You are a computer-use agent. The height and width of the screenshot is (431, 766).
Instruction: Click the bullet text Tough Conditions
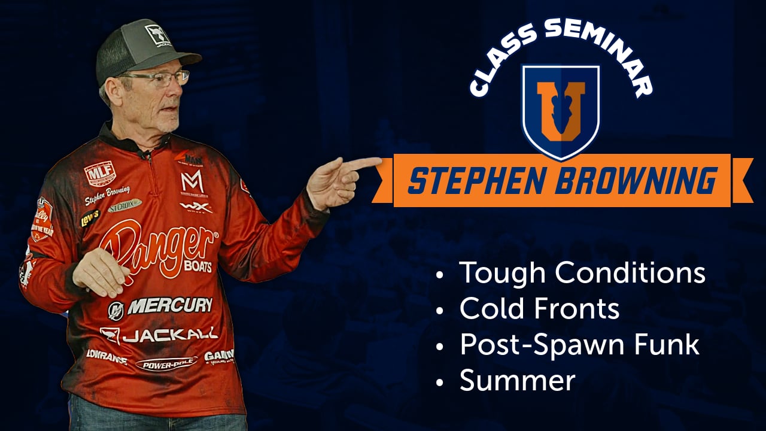tap(582, 273)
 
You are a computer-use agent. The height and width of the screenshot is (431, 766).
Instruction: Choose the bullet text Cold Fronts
tap(539, 309)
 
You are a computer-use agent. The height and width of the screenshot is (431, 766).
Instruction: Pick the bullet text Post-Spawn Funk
tap(579, 345)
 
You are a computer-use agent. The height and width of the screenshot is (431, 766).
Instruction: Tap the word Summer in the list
tap(517, 381)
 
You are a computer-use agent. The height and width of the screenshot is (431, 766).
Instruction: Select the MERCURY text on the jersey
tap(169, 306)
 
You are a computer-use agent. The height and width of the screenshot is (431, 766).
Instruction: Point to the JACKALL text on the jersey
tap(169, 335)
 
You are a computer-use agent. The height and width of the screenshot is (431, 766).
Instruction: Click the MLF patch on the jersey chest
tap(99, 174)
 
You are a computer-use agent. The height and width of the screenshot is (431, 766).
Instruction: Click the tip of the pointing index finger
tap(378, 161)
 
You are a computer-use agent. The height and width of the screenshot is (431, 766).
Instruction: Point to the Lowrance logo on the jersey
tap(107, 356)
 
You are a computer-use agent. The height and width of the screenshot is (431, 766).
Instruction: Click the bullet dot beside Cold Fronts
tap(441, 311)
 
